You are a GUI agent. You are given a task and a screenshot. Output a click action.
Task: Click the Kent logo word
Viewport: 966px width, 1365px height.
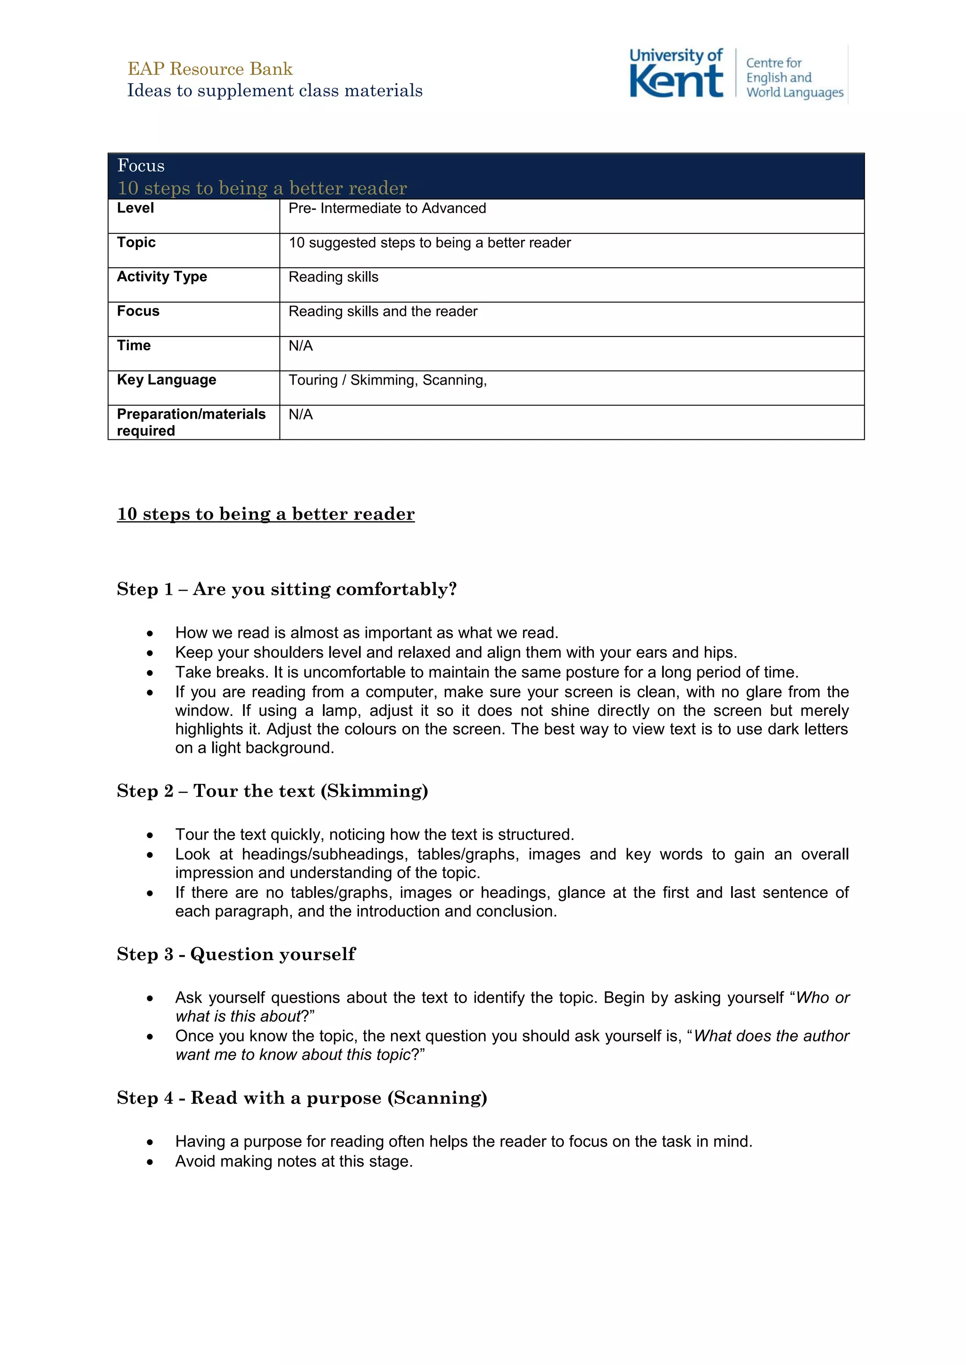click(x=676, y=82)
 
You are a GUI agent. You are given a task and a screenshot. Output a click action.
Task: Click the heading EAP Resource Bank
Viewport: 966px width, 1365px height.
click(x=210, y=69)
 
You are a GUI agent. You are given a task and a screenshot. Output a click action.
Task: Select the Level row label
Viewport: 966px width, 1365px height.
click(x=136, y=208)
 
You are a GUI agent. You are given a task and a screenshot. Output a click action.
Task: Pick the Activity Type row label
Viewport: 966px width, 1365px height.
click(x=162, y=277)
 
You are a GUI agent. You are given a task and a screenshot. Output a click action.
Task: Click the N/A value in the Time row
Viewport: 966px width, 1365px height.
click(x=300, y=346)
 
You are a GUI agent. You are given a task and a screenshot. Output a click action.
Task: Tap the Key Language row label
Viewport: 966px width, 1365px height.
click(x=167, y=380)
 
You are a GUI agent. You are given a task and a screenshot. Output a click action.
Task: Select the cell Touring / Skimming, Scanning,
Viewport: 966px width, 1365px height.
click(x=387, y=380)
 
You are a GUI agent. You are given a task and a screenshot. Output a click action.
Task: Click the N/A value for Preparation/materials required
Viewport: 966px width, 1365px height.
click(x=300, y=415)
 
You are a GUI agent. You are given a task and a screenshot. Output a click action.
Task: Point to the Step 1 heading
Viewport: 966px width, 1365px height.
click(x=287, y=590)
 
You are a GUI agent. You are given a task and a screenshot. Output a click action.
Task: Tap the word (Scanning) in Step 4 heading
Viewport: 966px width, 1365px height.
click(x=437, y=1098)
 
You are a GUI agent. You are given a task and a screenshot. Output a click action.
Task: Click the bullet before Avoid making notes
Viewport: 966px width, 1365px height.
click(x=150, y=1162)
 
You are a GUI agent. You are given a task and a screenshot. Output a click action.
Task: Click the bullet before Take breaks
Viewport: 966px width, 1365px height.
click(x=150, y=673)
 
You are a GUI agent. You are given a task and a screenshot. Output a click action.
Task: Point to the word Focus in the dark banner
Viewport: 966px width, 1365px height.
click(x=141, y=166)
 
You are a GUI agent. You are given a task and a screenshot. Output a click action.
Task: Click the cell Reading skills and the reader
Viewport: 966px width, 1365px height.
click(x=383, y=312)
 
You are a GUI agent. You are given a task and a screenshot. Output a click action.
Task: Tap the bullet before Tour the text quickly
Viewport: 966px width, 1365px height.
click(x=150, y=835)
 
